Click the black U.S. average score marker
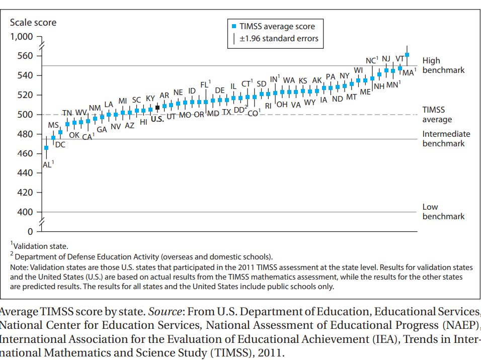pyautogui.click(x=157, y=108)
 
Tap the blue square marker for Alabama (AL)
pyautogui.click(x=46, y=148)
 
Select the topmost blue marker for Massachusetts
pyautogui.click(x=407, y=55)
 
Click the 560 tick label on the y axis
pyautogui.click(x=25, y=56)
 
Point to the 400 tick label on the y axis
pyautogui.click(x=25, y=212)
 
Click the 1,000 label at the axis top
pyautogui.click(x=22, y=37)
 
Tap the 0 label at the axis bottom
pyautogui.click(x=30, y=231)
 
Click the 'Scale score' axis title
pyautogui.click(x=33, y=23)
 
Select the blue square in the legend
pyautogui.click(x=234, y=26)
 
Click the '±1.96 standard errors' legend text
pyautogui.click(x=279, y=39)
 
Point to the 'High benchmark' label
pyautogui.click(x=443, y=65)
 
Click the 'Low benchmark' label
pyautogui.click(x=443, y=212)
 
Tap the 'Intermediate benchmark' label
pyautogui.click(x=446, y=139)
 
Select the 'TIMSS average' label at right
pyautogui.click(x=437, y=115)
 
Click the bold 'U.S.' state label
pyautogui.click(x=157, y=119)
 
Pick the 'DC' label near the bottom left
pyautogui.click(x=60, y=145)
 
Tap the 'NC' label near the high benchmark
pyautogui.click(x=372, y=60)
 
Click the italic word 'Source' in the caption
pyautogui.click(x=165, y=312)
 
